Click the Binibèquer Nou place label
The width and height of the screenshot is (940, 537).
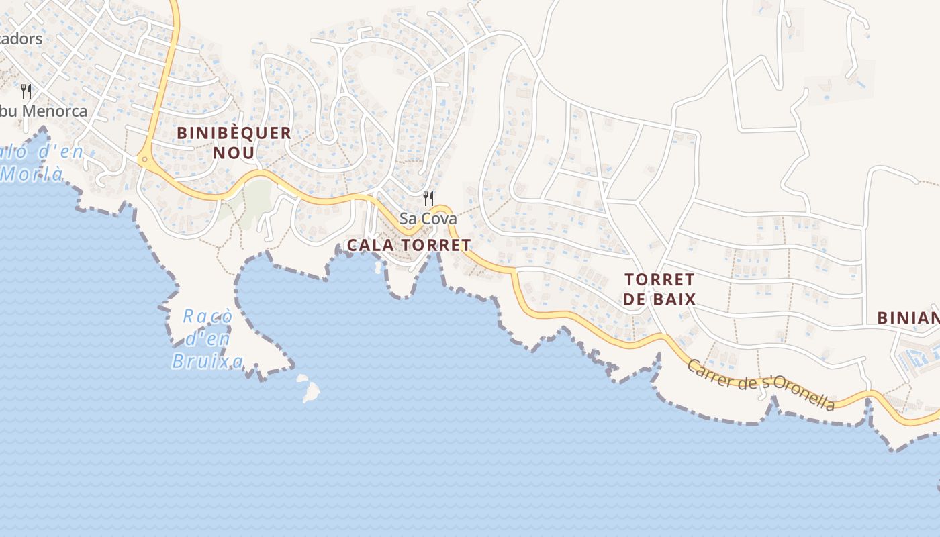tap(234, 142)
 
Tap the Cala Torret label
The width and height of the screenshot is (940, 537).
tap(408, 245)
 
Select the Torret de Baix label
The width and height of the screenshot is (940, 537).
tap(659, 289)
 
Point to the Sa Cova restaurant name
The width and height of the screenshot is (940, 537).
tap(428, 219)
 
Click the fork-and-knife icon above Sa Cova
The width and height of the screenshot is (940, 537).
tap(428, 199)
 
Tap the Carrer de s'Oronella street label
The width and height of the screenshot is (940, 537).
tap(761, 384)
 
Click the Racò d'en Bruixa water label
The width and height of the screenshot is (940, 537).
tap(207, 339)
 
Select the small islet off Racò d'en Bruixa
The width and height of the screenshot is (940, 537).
tap(310, 390)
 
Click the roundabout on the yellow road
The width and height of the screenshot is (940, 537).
tap(143, 160)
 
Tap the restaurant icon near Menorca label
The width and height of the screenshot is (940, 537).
tap(26, 91)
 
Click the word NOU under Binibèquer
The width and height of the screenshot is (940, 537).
tap(234, 153)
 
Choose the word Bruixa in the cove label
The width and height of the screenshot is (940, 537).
tap(207, 362)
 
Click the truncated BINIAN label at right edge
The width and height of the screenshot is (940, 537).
tap(908, 318)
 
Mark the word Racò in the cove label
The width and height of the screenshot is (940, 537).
tap(207, 315)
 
